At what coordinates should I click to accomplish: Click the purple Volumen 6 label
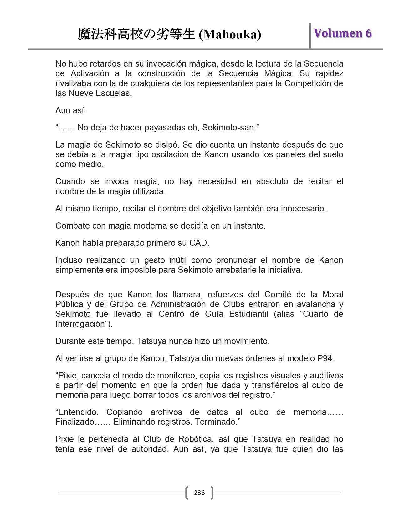coord(343,33)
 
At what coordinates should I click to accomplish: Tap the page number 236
coord(199,493)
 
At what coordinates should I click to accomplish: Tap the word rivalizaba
coord(74,83)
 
